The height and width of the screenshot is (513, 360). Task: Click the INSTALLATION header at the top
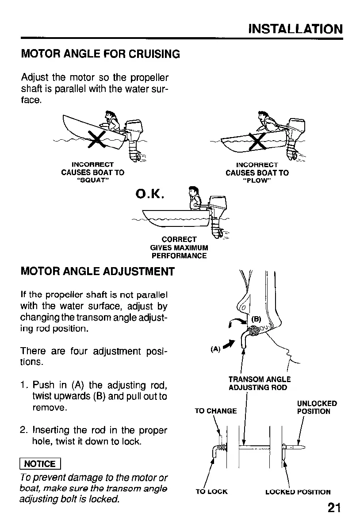295,29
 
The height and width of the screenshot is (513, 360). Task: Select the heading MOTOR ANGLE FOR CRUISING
101,54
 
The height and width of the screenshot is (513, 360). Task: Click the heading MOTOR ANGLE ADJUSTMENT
98,271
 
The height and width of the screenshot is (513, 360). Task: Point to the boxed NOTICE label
40,463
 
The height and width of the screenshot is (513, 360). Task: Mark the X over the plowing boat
258,141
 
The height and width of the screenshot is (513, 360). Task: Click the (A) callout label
216,348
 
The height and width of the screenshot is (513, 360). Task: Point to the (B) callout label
257,319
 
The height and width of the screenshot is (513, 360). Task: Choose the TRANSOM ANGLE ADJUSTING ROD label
259,383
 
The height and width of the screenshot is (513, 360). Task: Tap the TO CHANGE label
216,411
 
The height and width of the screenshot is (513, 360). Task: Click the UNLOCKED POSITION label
317,407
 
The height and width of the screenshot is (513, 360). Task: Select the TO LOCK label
211,492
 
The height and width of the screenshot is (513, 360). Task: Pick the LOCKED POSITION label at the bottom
298,492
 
